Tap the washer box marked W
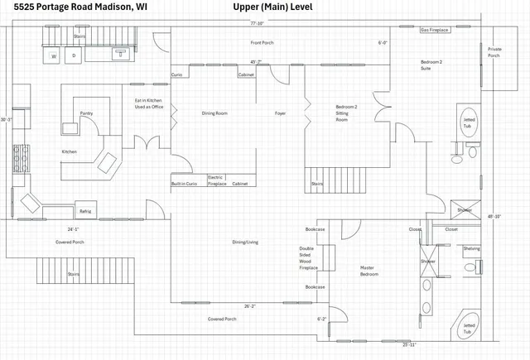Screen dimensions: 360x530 [x=54, y=56]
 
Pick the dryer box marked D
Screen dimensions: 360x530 [x=74, y=56]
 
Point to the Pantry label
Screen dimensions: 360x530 [x=86, y=113]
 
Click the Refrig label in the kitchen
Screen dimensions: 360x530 [x=85, y=212]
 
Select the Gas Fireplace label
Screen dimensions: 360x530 [x=435, y=30]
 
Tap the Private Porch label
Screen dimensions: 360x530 [x=494, y=52]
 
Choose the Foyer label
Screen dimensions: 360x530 [x=281, y=113]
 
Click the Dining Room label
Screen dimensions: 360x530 [x=214, y=113]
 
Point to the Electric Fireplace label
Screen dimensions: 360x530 [x=215, y=180]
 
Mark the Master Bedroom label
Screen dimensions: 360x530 [x=369, y=271]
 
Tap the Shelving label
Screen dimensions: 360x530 [x=471, y=248]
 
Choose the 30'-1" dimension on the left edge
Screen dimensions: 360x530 [x=7, y=120]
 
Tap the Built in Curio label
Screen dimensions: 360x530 [x=185, y=184]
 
